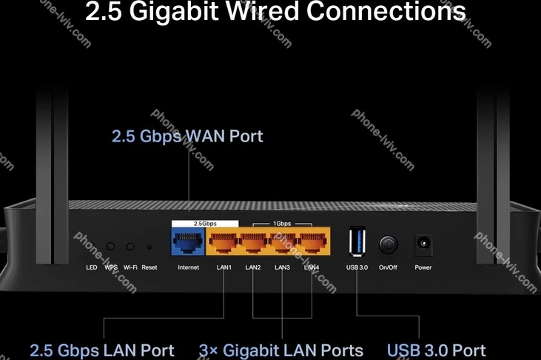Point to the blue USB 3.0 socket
click(357, 243)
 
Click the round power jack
click(423, 243)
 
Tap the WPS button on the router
click(111, 246)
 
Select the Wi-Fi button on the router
click(130, 246)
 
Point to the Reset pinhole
click(149, 247)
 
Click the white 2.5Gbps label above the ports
click(205, 222)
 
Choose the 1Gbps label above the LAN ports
click(283, 222)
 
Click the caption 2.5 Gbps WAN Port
click(187, 136)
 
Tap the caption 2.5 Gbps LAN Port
click(101, 350)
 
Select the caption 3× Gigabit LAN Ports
click(281, 350)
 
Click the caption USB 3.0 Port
click(437, 350)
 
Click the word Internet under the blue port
click(188, 267)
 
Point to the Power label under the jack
click(423, 267)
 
